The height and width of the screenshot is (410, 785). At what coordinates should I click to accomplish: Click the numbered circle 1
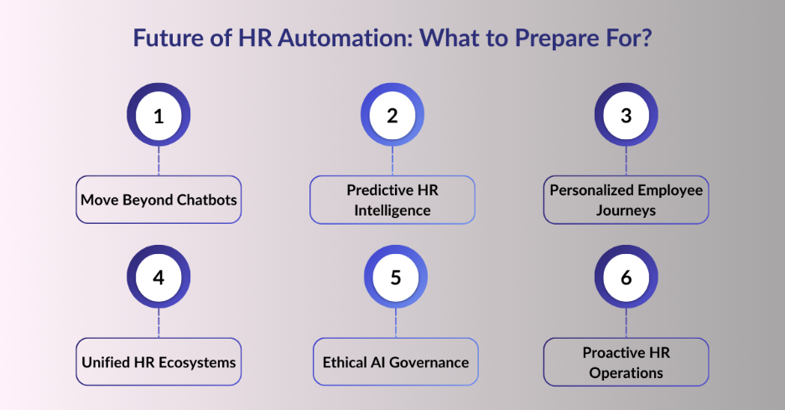point(159,116)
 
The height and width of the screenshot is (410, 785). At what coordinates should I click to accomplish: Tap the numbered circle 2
point(392,116)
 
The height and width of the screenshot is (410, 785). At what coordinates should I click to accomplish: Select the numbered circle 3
point(626,116)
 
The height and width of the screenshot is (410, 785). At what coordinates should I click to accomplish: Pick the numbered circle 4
point(159,278)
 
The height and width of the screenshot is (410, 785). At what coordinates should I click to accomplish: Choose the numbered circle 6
point(626,278)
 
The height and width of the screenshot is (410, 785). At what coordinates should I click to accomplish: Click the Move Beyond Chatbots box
point(159,200)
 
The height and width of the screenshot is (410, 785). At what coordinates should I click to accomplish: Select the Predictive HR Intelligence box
point(392,200)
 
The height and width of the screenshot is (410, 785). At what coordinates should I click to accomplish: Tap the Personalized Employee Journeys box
point(626,200)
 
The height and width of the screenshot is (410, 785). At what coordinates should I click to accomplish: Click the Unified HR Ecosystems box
point(159,362)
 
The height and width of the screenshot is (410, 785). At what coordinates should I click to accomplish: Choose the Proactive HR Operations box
point(626,362)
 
